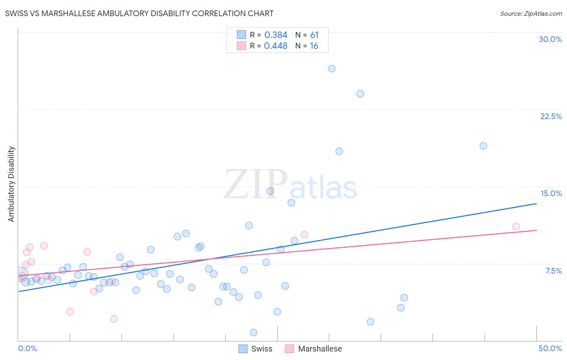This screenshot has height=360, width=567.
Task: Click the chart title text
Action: [x=139, y=14]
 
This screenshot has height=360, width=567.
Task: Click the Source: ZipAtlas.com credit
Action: [x=531, y=14]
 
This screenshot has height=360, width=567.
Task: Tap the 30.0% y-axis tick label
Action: [x=550, y=39]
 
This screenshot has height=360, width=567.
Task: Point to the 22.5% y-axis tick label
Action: [x=551, y=116]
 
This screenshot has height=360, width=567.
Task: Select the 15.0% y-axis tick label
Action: [x=551, y=193]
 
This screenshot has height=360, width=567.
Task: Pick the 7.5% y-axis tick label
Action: [x=553, y=271]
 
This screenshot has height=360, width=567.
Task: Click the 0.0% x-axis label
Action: [x=27, y=348]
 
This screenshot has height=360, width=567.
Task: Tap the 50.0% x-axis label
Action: [x=550, y=348]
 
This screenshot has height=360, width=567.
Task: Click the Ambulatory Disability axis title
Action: [x=11, y=184]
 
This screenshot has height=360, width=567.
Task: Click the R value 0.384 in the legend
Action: [x=276, y=35]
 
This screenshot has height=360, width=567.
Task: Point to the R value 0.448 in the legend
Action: [x=276, y=46]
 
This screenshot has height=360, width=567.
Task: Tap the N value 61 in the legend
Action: [x=314, y=35]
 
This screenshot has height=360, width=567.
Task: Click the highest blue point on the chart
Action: [x=331, y=69]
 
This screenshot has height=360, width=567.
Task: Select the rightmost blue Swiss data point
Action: [x=483, y=146]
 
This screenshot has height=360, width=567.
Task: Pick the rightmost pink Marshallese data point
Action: [x=516, y=226]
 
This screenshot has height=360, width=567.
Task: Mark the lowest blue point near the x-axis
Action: [x=253, y=333]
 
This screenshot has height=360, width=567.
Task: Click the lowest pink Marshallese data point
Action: [x=114, y=319]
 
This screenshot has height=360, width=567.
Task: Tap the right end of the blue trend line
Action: [x=536, y=204]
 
